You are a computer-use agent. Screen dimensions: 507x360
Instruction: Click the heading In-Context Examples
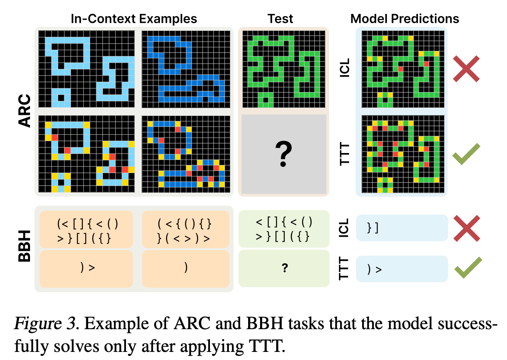134,19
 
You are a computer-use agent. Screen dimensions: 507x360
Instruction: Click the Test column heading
280,19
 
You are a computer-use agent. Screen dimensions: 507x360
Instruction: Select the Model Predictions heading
405,19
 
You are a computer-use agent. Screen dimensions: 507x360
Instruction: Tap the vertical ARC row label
24,111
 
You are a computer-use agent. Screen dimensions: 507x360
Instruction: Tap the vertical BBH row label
24,246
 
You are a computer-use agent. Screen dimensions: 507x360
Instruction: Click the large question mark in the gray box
284,154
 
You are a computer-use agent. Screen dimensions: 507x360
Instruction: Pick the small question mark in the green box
285,268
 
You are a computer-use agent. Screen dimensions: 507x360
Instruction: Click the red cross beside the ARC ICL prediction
466,69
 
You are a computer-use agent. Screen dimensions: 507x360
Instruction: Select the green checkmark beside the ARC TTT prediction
466,154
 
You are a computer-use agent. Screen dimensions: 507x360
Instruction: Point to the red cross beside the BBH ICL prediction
467,228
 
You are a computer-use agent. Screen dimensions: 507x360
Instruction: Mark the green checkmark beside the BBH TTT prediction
468,267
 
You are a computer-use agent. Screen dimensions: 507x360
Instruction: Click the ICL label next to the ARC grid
345,68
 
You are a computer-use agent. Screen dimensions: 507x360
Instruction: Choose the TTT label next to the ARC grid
345,154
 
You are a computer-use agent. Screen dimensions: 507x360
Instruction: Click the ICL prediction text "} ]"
373,228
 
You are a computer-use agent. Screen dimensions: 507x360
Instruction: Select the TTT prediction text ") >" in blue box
374,269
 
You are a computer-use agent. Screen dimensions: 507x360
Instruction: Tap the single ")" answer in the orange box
186,267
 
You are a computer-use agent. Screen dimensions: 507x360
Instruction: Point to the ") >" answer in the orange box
87,267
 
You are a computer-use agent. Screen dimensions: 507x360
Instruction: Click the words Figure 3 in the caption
46,323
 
